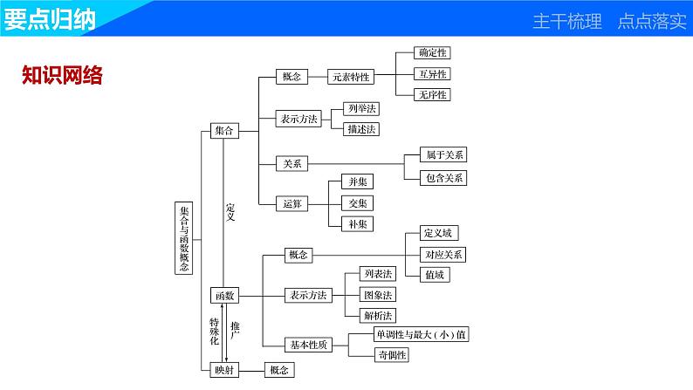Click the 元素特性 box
click(x=350, y=77)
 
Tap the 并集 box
click(x=358, y=181)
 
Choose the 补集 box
click(x=358, y=223)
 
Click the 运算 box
click(x=292, y=203)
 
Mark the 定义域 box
click(x=435, y=234)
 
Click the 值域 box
click(x=435, y=275)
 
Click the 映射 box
click(x=224, y=369)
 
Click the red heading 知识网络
click(x=61, y=76)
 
